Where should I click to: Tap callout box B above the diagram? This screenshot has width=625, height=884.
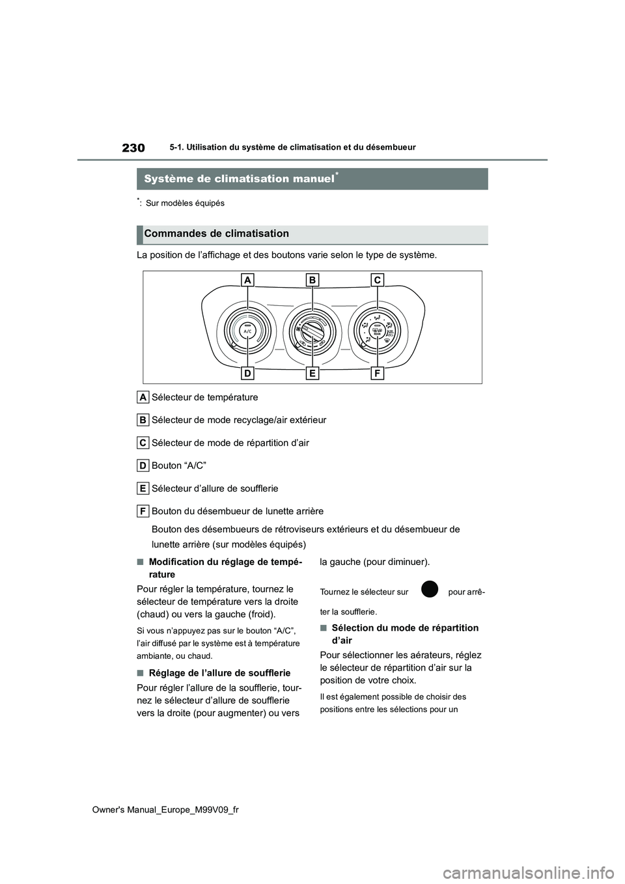click(x=312, y=280)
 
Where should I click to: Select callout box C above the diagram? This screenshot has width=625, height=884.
click(x=378, y=280)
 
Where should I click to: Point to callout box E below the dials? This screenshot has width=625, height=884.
click(x=312, y=373)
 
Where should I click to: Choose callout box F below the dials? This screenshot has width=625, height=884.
click(x=378, y=373)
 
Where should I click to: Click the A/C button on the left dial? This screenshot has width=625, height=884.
click(x=247, y=331)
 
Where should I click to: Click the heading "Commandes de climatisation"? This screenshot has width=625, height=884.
click(x=217, y=234)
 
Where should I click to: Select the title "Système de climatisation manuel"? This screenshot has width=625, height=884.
click(x=238, y=178)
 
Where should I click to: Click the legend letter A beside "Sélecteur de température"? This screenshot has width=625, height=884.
click(x=143, y=397)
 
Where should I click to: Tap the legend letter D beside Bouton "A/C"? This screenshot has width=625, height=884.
click(x=143, y=465)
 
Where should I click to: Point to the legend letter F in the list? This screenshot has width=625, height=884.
click(x=143, y=511)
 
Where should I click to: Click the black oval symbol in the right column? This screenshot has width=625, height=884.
click(x=428, y=589)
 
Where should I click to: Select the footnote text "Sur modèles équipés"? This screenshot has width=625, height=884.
click(x=185, y=203)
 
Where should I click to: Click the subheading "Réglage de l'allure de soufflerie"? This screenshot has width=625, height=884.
click(x=219, y=673)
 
